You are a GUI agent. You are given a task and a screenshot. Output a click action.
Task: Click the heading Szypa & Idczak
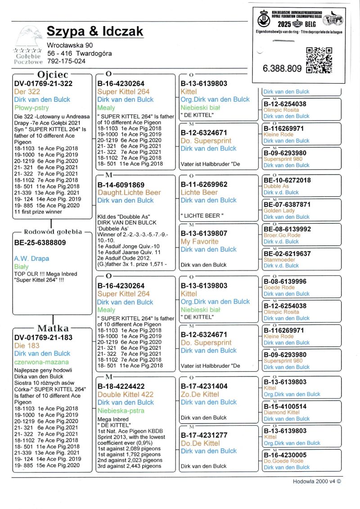[95, 32]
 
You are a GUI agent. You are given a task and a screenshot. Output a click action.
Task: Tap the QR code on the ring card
[319, 59]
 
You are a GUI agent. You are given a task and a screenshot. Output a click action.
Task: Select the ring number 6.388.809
[282, 69]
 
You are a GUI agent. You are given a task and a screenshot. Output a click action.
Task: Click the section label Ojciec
[53, 74]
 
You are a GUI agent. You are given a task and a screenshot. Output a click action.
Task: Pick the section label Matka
[53, 328]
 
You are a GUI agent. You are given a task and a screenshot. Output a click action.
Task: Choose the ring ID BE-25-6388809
[40, 242]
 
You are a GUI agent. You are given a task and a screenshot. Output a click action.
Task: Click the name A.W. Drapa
[31, 259]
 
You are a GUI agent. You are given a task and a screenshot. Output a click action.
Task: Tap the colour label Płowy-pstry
[31, 108]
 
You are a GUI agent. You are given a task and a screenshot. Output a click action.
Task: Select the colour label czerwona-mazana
[41, 362]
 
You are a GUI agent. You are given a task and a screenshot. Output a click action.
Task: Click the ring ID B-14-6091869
[121, 185]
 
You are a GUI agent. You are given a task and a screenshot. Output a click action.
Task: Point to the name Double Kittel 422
[126, 394]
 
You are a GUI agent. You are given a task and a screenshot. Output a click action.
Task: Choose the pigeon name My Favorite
[199, 242]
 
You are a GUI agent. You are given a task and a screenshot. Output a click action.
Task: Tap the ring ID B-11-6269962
[204, 185]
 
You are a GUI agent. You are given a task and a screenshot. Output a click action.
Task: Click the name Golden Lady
[279, 211]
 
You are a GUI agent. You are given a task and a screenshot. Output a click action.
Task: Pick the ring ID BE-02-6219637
[287, 254]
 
